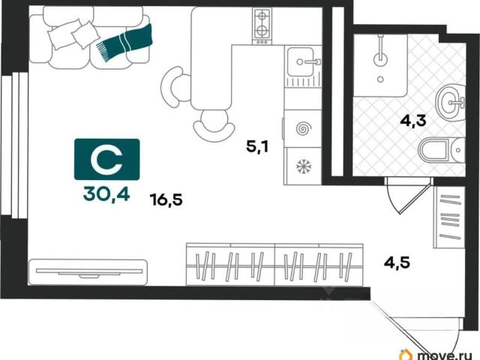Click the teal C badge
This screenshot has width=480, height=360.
pyautogui.click(x=106, y=159)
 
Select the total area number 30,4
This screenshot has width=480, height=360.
pyautogui.click(x=106, y=193)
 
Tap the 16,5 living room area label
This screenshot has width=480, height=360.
pyautogui.click(x=166, y=199)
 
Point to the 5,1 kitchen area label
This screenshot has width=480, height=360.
pyautogui.click(x=257, y=146)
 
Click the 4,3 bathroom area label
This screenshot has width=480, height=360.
pyautogui.click(x=413, y=121)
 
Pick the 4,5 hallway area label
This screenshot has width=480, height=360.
pyautogui.click(x=397, y=262)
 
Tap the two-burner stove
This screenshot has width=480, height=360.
pyautogui.click(x=262, y=26)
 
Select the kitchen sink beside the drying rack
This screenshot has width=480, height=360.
pyautogui.click(x=302, y=61)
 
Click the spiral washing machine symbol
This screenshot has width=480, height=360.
pyautogui.click(x=303, y=128)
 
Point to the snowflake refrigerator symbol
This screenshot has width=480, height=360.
pyautogui.click(x=303, y=166)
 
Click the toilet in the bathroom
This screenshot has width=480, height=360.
pyautogui.click(x=442, y=150)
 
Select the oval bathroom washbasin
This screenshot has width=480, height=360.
pyautogui.click(x=450, y=102)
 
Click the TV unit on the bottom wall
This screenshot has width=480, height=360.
pyautogui.click(x=88, y=272)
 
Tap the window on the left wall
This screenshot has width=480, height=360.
pyautogui.click(x=14, y=145)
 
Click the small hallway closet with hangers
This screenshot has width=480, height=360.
pyautogui.click(x=449, y=217)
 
